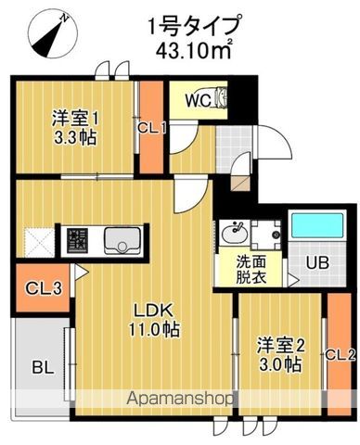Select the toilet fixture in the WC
coord(219,97)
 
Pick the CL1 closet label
coord(151,129)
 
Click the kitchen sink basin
coord(121,242)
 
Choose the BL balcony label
coord(39,367)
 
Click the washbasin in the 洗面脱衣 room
coord(232,230)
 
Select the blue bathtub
coord(313,226)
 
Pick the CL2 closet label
coord(341,353)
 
